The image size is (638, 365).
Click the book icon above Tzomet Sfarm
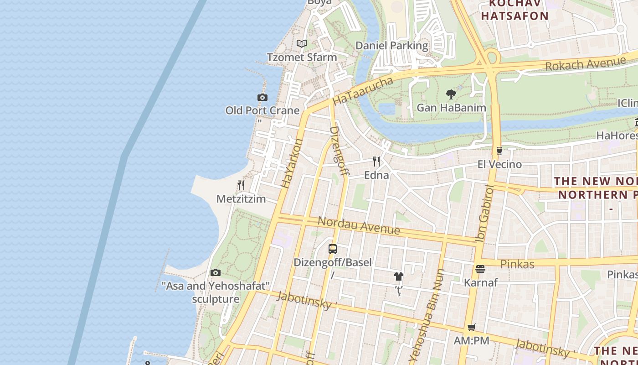click(301, 44)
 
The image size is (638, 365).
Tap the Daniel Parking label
click(391, 46)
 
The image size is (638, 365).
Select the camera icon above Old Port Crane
click(262, 97)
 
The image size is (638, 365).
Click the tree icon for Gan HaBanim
click(451, 94)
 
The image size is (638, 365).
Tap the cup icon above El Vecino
click(499, 151)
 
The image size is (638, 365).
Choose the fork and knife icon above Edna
click(376, 162)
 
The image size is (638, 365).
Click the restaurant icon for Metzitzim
click(241, 185)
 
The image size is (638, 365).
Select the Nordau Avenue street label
click(358, 225)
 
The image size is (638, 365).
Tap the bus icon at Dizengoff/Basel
click(333, 249)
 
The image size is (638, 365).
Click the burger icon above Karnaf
click(480, 269)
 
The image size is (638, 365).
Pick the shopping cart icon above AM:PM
click(471, 327)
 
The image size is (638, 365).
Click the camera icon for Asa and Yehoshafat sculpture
click(216, 273)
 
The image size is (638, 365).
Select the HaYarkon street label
click(292, 163)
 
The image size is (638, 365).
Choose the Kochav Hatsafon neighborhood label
click(515, 10)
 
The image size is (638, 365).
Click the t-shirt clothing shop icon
click(399, 276)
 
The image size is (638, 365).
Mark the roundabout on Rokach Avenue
click(491, 58)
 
